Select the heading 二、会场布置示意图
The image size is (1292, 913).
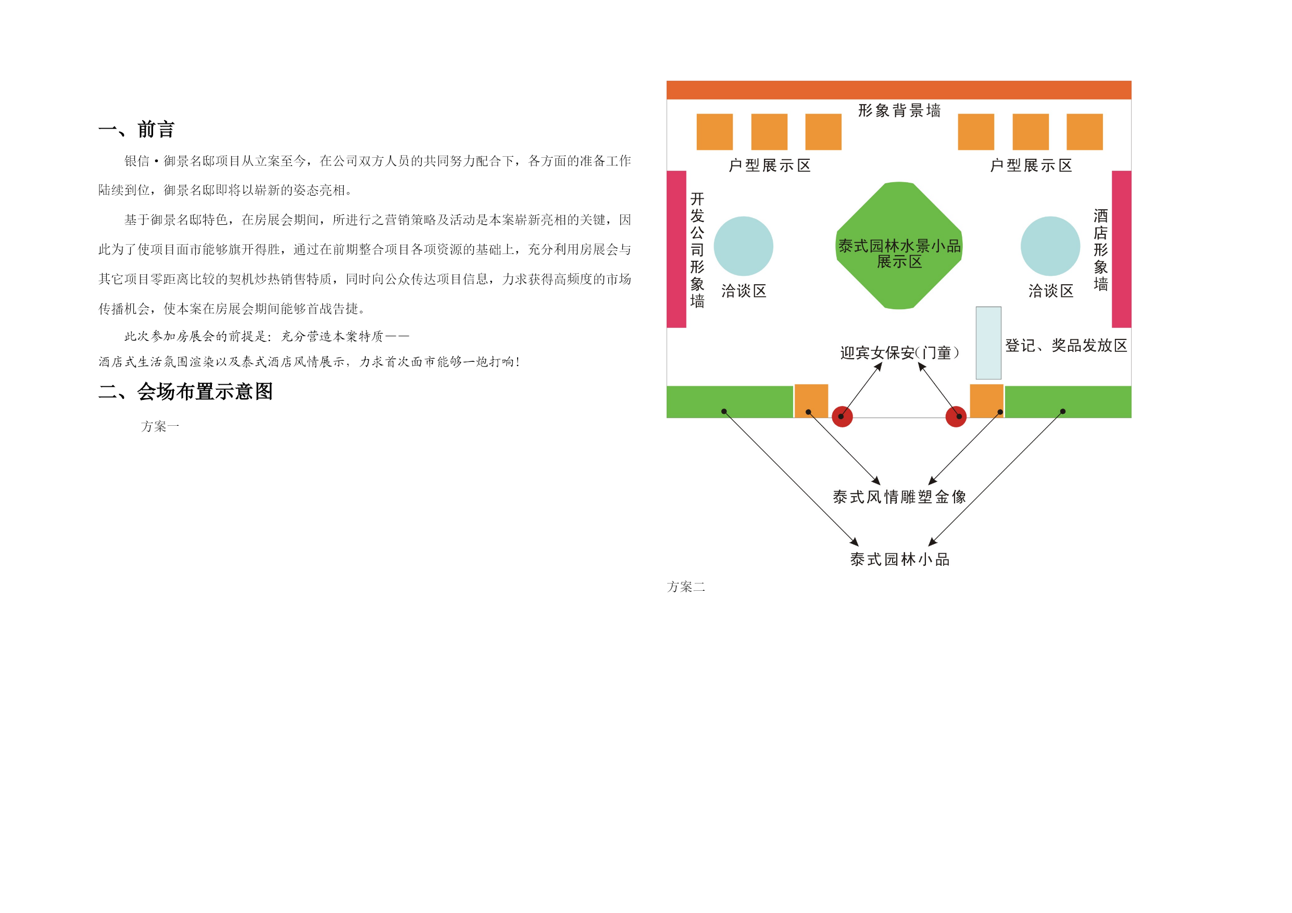tap(186, 391)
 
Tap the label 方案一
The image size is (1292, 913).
tap(160, 426)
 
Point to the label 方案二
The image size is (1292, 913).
tap(686, 587)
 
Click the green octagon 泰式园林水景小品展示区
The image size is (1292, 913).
tap(899, 245)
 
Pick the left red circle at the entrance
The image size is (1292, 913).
tap(843, 417)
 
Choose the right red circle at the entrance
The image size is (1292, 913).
tap(956, 417)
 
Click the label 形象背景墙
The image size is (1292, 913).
tap(899, 110)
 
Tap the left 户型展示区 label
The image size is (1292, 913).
tap(770, 166)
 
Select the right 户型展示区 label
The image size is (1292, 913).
tap(1031, 166)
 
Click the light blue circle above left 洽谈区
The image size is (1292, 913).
tap(743, 246)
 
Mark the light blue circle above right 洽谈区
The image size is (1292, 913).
tap(1050, 246)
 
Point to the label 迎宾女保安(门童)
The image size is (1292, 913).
tap(899, 353)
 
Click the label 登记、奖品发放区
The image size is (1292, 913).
tap(1067, 346)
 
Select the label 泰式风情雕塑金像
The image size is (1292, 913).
tap(899, 497)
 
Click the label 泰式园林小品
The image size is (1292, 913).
tap(899, 559)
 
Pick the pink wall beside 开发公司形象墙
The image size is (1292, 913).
tap(676, 249)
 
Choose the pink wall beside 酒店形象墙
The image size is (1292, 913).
tap(1122, 249)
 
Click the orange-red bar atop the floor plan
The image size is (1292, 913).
tap(899, 90)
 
